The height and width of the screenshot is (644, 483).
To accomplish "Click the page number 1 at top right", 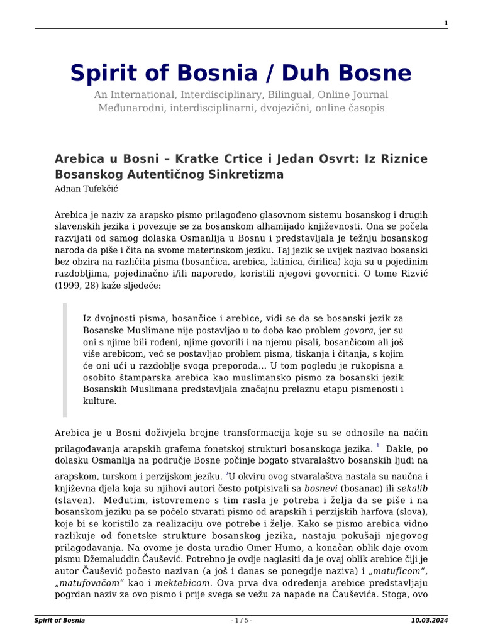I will (x=445, y=23).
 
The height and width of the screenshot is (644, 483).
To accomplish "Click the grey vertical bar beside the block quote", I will (x=64, y=360).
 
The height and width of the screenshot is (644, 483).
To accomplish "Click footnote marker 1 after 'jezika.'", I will (x=378, y=446).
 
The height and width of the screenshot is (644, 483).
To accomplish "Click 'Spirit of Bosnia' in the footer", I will (x=60, y=621).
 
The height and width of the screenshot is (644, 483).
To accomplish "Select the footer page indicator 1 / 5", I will (x=241, y=621).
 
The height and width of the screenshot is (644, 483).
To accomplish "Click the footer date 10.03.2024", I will (x=429, y=621).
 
